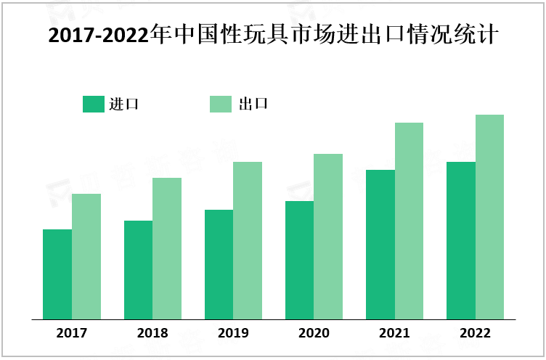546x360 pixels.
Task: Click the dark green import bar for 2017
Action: click(x=57, y=274)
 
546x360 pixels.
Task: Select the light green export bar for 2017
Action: click(x=86, y=256)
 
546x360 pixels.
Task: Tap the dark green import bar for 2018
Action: click(x=138, y=270)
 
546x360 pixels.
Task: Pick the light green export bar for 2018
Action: click(x=167, y=248)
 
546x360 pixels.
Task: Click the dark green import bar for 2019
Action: click(x=219, y=264)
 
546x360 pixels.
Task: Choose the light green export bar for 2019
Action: click(x=248, y=240)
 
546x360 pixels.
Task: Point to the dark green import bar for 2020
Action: click(x=299, y=260)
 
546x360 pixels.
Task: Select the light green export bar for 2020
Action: click(x=328, y=237)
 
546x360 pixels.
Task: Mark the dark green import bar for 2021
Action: click(x=380, y=245)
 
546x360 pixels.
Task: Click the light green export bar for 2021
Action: click(x=409, y=221)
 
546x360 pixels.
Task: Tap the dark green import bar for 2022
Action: click(x=461, y=240)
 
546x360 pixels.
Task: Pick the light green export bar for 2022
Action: click(x=489, y=217)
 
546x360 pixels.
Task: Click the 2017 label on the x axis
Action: click(x=71, y=333)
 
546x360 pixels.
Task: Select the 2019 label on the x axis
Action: click(x=233, y=333)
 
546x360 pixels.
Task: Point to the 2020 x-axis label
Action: click(x=314, y=333)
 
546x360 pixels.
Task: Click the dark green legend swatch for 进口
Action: click(x=94, y=104)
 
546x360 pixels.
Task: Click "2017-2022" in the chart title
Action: click(x=97, y=36)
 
